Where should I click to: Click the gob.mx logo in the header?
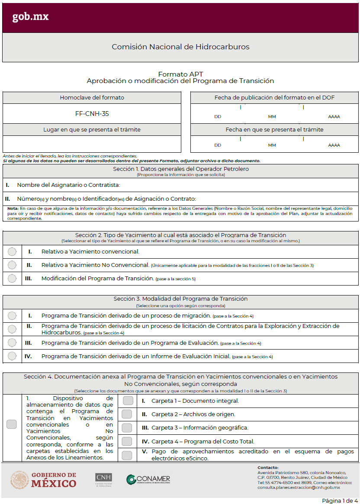click(x=30, y=17)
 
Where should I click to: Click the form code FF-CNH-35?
click(x=92, y=114)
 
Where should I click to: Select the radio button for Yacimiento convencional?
click(x=12, y=251)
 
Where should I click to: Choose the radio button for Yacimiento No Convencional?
click(x=12, y=265)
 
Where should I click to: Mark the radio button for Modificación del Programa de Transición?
click(x=12, y=278)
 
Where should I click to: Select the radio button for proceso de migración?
click(x=12, y=316)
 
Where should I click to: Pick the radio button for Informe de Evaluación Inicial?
click(x=12, y=356)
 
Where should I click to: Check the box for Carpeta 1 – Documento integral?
click(x=127, y=401)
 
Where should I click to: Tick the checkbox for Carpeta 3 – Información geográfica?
click(x=127, y=427)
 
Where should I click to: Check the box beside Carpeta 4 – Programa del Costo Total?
click(x=127, y=441)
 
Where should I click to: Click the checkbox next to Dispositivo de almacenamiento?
click(x=12, y=424)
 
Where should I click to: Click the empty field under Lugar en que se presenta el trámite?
click(x=92, y=144)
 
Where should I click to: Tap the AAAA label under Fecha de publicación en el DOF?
click(x=334, y=116)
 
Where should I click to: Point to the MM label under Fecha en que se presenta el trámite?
click(x=272, y=145)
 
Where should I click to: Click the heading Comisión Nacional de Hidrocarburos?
click(x=180, y=47)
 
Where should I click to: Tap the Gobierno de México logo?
click(x=43, y=480)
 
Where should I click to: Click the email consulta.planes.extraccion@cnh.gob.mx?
click(x=298, y=488)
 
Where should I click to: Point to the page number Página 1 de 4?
click(x=340, y=500)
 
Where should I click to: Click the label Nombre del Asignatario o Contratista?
click(x=68, y=185)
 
